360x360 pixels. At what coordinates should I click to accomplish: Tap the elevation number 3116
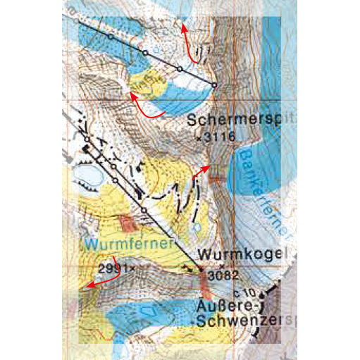[218, 139]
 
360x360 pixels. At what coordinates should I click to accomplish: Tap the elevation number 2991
[113, 268]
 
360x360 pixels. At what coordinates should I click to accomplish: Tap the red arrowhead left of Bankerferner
[206, 168]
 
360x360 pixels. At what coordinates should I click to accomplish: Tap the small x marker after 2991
[132, 268]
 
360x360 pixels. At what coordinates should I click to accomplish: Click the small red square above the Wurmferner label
[128, 223]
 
